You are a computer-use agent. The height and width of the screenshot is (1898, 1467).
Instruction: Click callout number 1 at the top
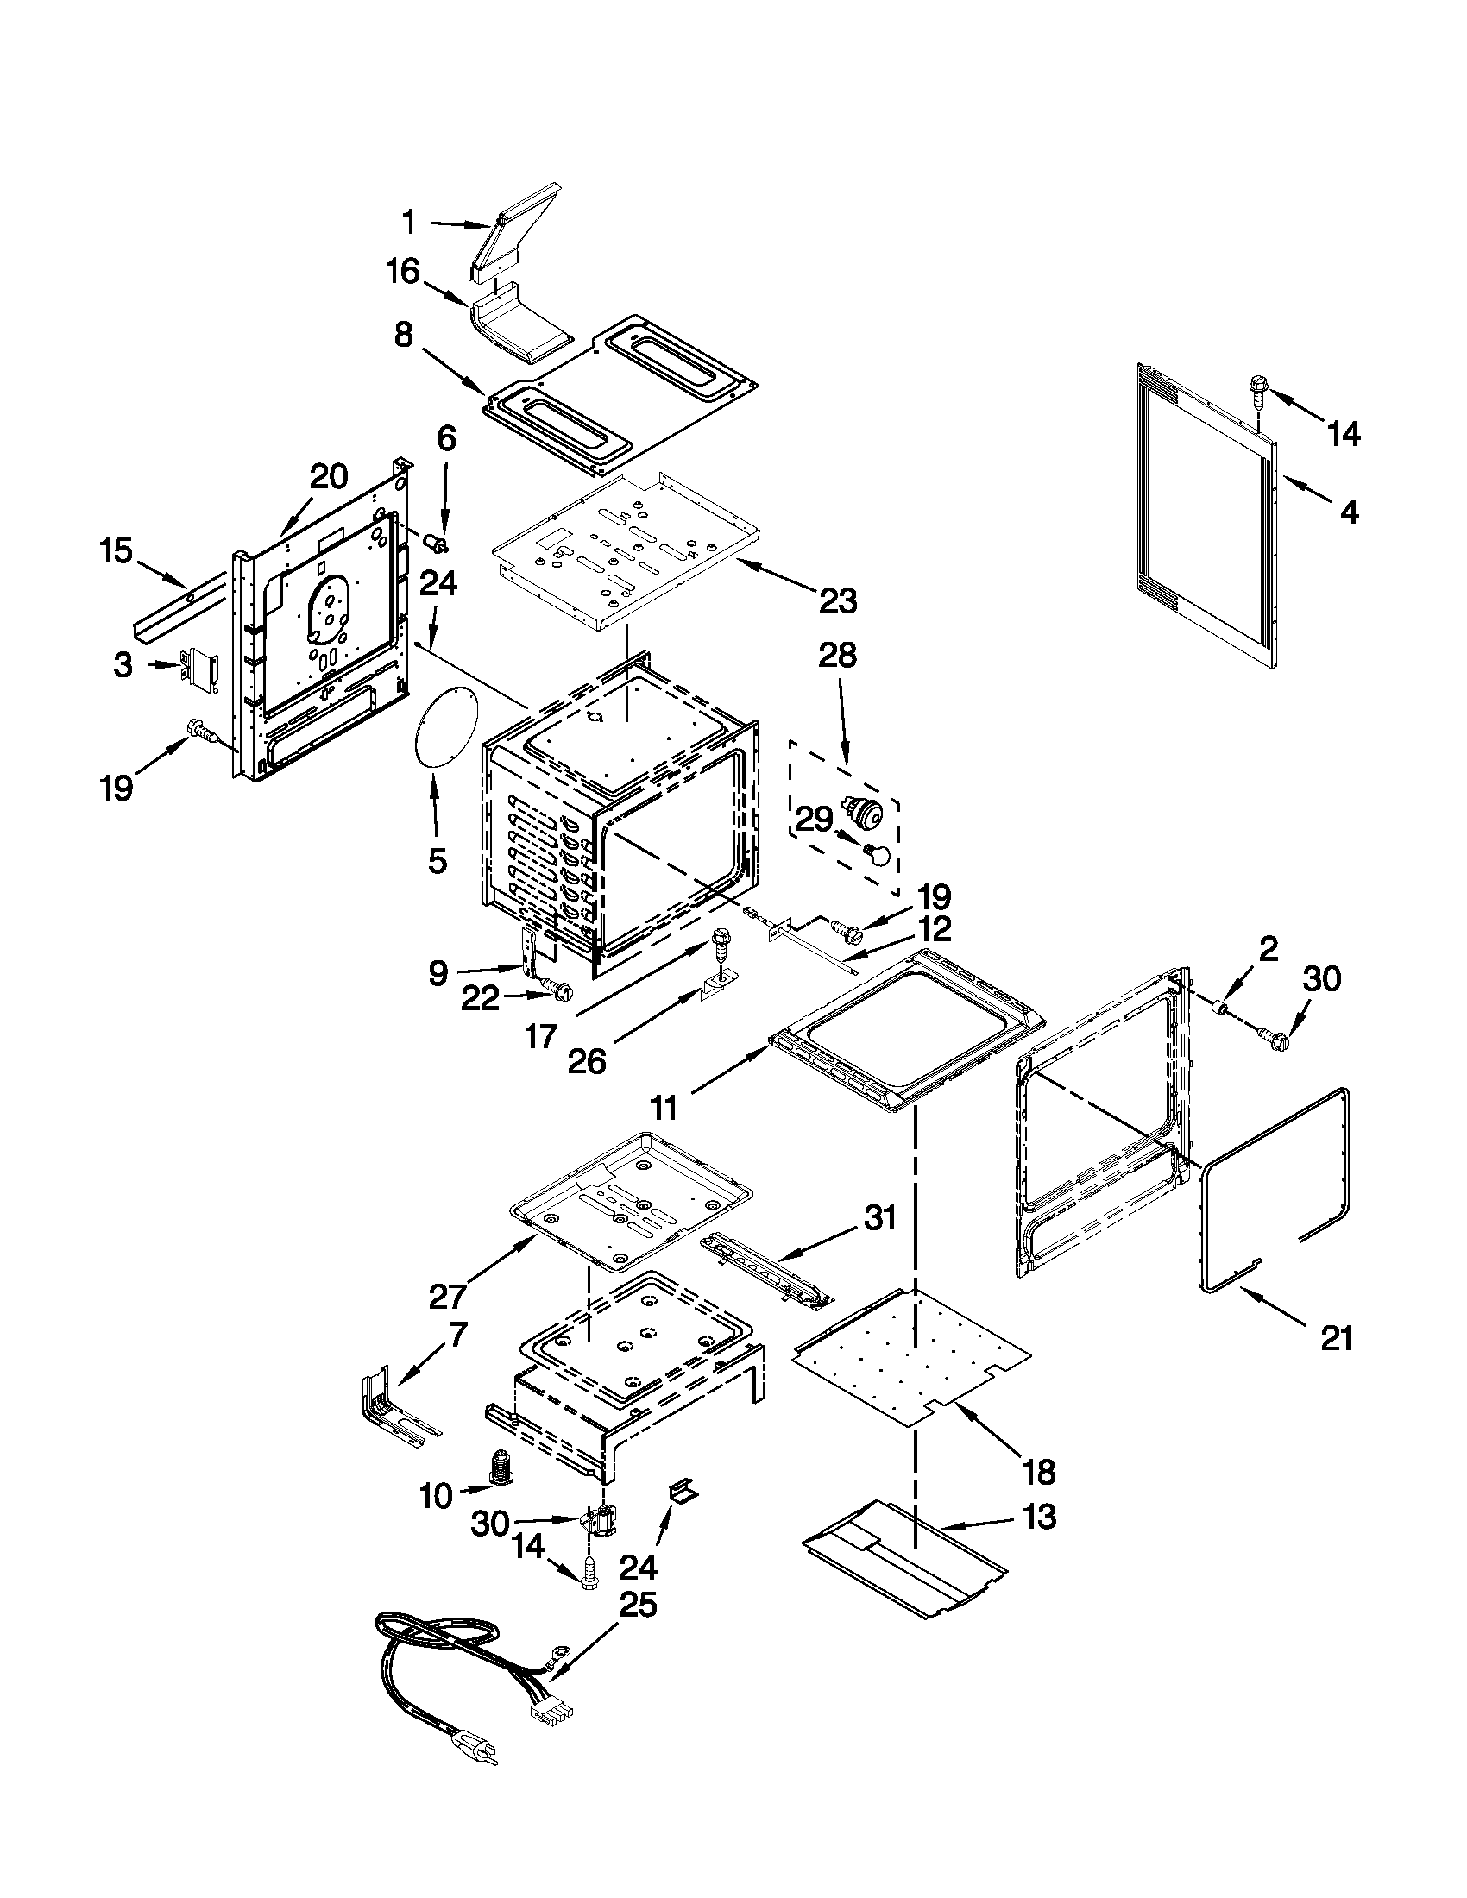[408, 223]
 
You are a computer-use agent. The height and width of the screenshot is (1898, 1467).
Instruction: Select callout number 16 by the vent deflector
[403, 273]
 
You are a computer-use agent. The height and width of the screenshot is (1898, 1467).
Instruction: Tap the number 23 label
[838, 600]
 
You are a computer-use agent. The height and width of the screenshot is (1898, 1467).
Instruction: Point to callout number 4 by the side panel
[1347, 512]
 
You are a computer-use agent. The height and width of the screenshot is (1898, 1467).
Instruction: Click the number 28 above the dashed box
[837, 655]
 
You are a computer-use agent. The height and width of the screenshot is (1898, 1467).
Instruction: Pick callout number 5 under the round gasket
[438, 860]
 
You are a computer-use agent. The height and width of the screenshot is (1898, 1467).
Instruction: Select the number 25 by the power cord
[637, 1606]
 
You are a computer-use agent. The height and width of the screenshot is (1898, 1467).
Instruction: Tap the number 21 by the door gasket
[1337, 1339]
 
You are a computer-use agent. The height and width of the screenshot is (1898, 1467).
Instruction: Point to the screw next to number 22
[557, 988]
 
